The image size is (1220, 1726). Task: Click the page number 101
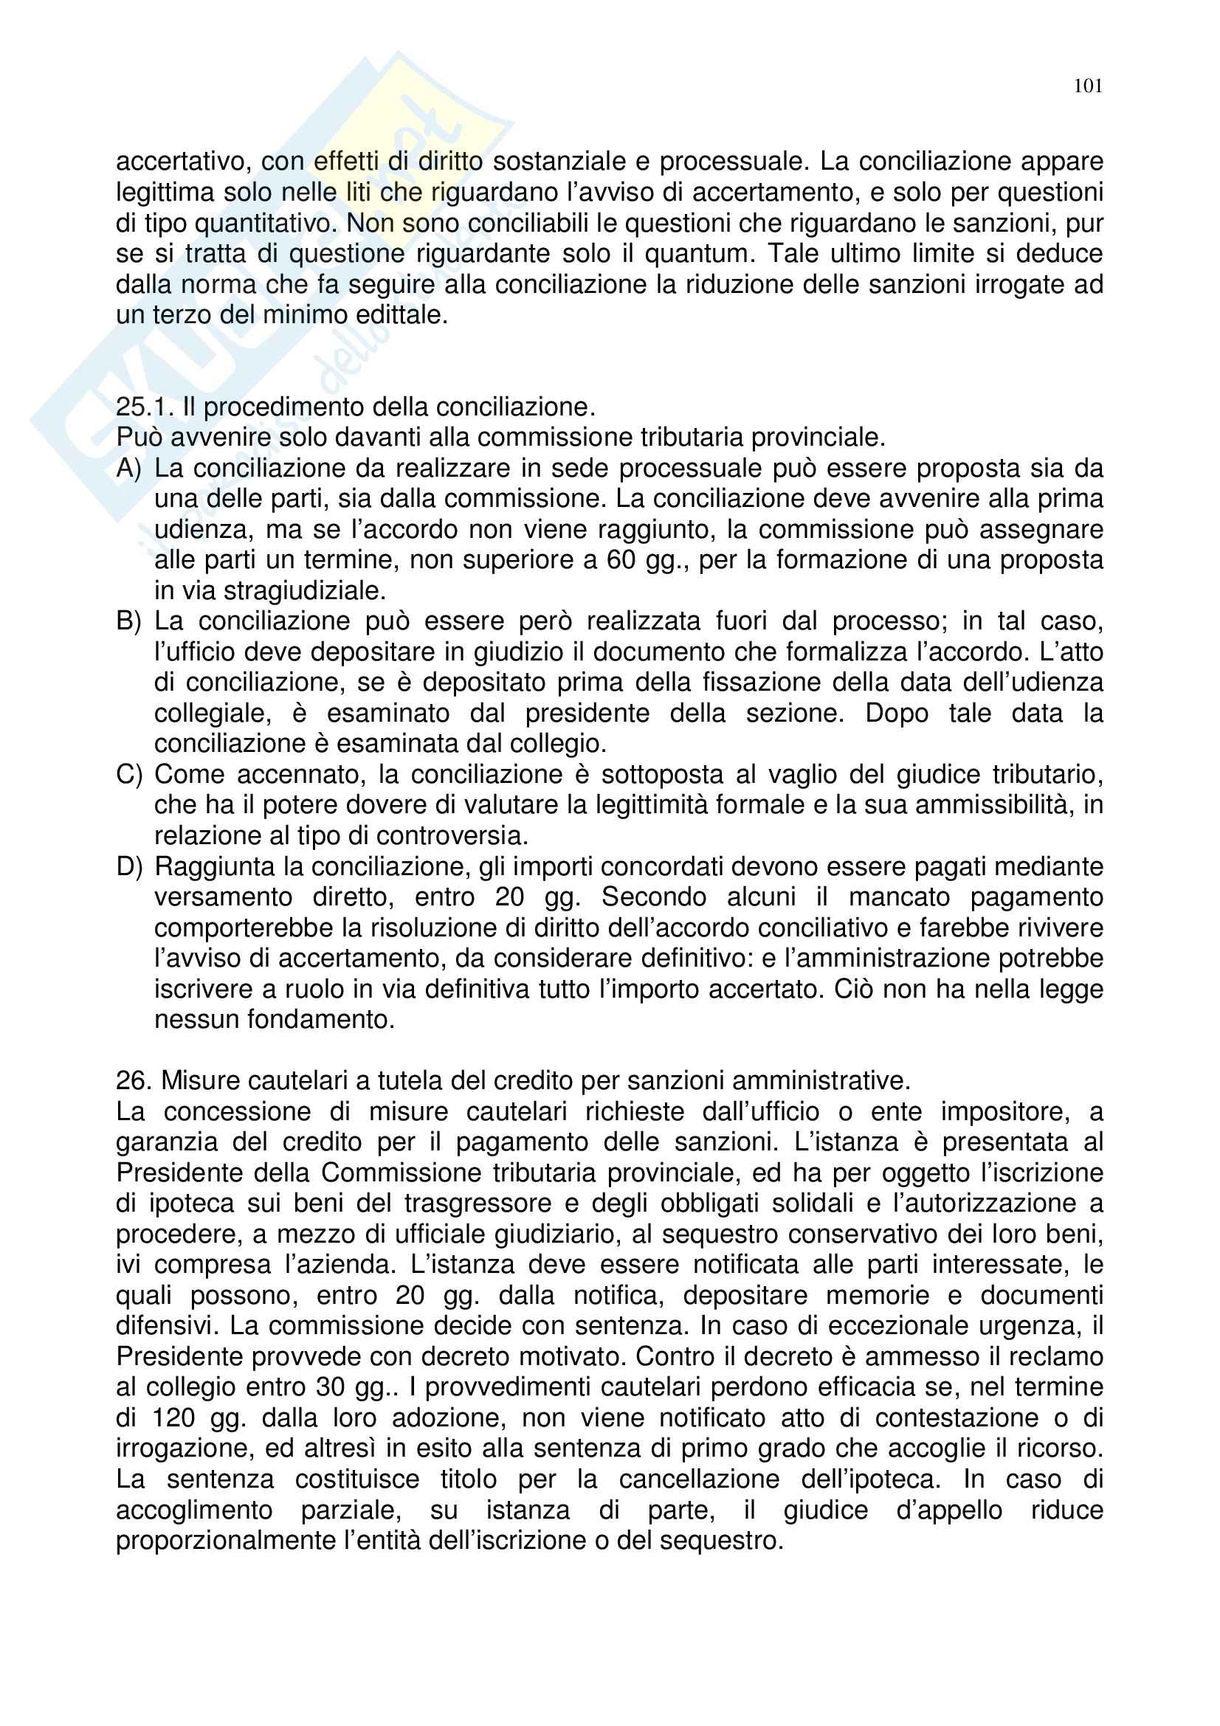tap(1088, 86)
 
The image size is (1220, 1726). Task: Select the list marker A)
tap(128, 469)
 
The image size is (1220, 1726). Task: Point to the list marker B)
tap(128, 621)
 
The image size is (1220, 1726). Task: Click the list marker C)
tap(128, 774)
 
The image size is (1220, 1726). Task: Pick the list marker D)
tap(128, 867)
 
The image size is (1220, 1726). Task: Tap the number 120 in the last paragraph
tap(173, 1418)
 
